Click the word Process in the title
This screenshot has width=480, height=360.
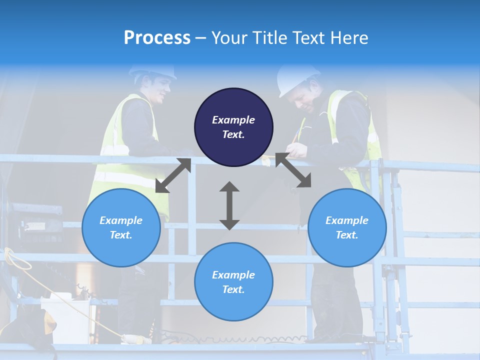157,38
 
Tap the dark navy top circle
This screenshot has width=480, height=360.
233,127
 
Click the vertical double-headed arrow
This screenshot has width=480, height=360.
229,205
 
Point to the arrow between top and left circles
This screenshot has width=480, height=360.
173,175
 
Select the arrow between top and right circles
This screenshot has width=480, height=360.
293,170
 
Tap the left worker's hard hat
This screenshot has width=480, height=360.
153,71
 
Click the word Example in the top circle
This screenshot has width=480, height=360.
233,120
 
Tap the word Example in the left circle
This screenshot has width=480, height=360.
121,220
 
